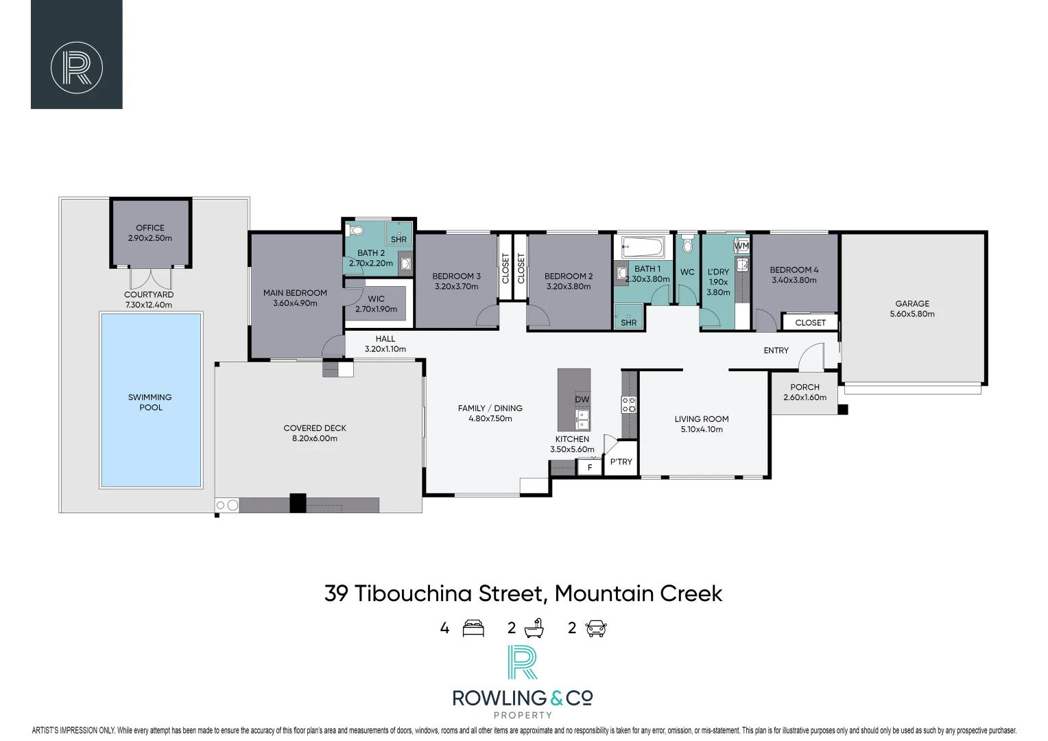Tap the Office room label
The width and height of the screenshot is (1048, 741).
[150, 228]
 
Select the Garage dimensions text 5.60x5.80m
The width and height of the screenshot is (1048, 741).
[912, 314]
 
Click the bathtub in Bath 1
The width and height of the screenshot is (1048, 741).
[643, 247]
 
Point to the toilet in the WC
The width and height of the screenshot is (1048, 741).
[687, 245]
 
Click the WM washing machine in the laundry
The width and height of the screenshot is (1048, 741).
[741, 245]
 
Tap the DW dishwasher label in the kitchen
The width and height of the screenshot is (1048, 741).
[582, 399]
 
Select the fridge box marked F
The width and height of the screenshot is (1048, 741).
[590, 468]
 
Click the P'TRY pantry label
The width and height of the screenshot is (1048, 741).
[621, 462]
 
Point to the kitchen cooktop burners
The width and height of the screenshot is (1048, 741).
[628, 404]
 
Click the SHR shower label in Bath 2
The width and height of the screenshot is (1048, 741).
[398, 239]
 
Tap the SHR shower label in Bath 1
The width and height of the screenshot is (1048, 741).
[628, 322]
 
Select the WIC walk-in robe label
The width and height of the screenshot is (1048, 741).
[376, 299]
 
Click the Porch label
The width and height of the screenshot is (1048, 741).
[805, 387]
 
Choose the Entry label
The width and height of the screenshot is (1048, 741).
[776, 351]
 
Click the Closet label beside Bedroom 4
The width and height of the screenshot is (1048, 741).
[810, 322]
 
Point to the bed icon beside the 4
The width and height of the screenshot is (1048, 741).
[473, 628]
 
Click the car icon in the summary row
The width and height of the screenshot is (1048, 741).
[596, 628]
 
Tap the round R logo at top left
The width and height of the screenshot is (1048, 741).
[77, 68]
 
